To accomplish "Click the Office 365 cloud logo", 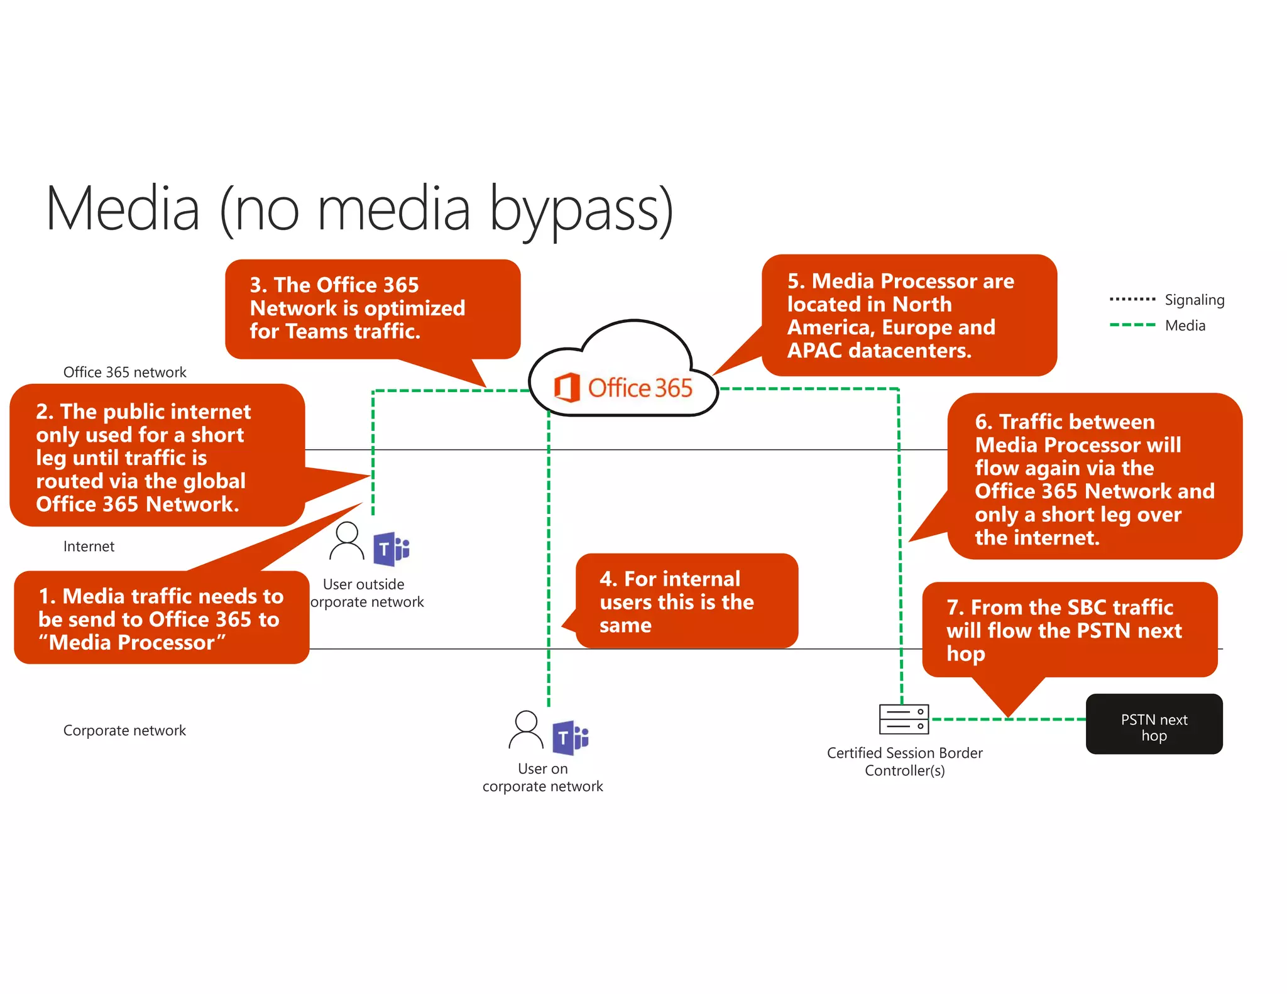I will point(623,386).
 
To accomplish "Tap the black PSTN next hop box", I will point(1154,724).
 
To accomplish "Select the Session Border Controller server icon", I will point(904,719).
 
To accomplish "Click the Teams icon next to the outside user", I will point(391,549).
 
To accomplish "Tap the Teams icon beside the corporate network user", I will point(570,738).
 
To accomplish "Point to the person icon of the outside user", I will point(346,541).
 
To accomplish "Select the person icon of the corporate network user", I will point(526,730).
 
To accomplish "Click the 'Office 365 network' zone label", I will point(124,372).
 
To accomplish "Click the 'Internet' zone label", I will point(89,546).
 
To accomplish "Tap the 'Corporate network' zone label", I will point(124,730).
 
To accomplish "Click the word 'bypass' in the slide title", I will point(581,210).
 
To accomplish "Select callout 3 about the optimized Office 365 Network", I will point(372,309).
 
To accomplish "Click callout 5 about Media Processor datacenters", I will point(908,315).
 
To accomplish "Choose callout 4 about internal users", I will point(686,601).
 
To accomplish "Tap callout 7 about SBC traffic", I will point(1069,630).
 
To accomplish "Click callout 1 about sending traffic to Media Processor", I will point(162,618).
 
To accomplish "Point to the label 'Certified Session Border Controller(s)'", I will point(904,762).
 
